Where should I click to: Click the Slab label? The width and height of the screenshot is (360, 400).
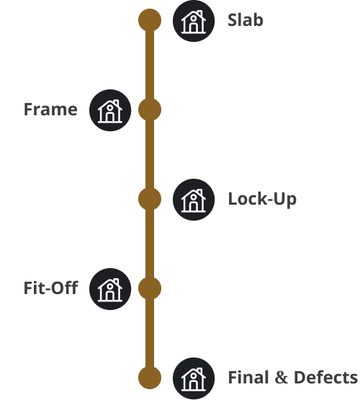pos(246,20)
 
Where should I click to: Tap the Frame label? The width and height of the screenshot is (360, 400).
pos(50,110)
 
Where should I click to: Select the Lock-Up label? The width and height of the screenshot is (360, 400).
pos(262,199)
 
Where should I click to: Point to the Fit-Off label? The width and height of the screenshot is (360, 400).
pos(50,288)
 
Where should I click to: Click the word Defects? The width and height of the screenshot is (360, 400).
pos(325,377)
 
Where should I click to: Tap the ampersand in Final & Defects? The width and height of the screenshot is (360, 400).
pos(282,378)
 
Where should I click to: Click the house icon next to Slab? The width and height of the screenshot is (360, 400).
pos(194,21)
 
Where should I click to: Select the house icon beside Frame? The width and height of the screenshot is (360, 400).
pos(110,110)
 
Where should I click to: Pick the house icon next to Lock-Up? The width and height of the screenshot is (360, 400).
pos(194,200)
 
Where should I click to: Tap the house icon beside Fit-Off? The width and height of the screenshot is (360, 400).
pos(110,289)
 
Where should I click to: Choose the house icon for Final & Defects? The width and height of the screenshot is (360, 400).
pos(194,378)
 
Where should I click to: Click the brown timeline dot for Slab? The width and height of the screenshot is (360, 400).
pos(150,20)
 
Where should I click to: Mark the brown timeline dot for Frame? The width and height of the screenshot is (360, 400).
pos(150,110)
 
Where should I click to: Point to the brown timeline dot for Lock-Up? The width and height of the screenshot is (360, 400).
pos(150,199)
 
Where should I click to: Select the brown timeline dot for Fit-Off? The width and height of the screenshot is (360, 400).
pos(150,288)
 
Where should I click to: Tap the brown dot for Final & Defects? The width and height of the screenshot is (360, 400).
pos(150,377)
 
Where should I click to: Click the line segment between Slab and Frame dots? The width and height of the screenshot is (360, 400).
pos(150,65)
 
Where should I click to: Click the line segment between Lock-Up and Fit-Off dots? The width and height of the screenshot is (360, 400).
pos(150,244)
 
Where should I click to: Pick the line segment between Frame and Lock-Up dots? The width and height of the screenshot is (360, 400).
pos(150,154)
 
